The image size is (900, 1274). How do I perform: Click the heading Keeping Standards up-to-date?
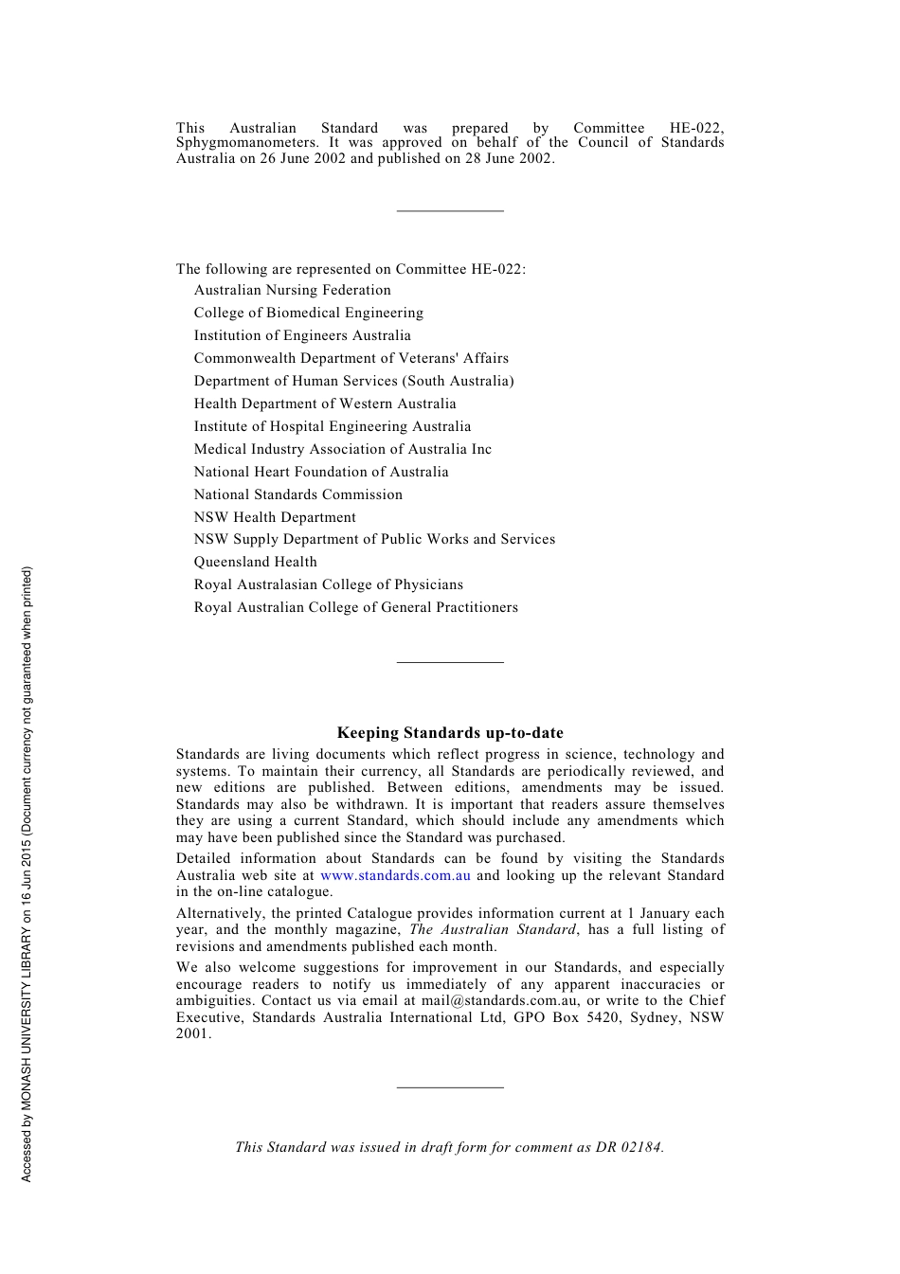click(450, 733)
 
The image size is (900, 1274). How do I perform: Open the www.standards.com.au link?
click(395, 875)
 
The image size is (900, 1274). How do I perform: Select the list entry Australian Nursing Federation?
click(292, 291)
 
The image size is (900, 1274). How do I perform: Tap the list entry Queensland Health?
click(255, 563)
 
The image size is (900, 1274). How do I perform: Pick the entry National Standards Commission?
click(297, 494)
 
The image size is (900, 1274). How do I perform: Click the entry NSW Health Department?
click(275, 517)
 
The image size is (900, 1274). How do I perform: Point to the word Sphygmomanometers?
click(245, 143)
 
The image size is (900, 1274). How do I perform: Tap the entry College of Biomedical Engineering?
click(308, 314)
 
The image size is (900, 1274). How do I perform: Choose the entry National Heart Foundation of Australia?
click(321, 472)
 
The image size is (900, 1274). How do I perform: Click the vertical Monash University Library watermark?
click(27, 873)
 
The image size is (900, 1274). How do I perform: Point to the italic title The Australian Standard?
click(493, 930)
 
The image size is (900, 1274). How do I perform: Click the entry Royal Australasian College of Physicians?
click(328, 585)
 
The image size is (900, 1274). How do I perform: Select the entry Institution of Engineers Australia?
click(302, 336)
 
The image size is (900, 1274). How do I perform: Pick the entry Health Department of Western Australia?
click(325, 404)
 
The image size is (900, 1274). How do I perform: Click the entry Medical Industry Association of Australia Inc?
click(342, 449)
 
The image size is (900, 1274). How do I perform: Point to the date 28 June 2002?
click(508, 159)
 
